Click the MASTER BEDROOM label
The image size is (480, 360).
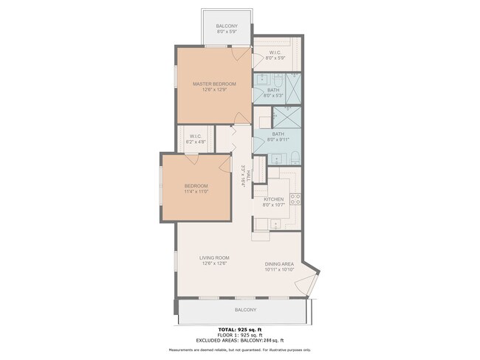(x=213, y=84)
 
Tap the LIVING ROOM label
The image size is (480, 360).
(x=213, y=258)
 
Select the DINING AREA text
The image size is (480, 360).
(x=280, y=264)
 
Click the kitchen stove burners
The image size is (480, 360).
(x=295, y=198)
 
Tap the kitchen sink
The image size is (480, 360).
(x=264, y=224)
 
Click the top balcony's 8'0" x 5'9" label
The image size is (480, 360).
(x=227, y=32)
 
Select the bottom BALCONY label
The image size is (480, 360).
(x=245, y=310)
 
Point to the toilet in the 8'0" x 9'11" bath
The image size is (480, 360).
(x=293, y=156)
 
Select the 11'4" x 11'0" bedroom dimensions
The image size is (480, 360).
(x=196, y=192)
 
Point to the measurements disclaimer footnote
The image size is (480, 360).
(x=240, y=350)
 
